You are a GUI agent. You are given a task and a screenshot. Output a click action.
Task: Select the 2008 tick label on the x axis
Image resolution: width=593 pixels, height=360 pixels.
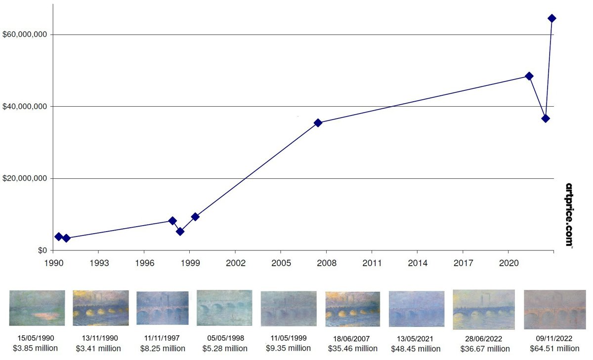point(327,263)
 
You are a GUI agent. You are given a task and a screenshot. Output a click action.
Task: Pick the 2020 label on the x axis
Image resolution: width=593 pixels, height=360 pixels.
point(509,263)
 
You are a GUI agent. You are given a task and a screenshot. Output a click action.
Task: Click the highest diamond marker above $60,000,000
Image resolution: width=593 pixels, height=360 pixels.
point(552,18)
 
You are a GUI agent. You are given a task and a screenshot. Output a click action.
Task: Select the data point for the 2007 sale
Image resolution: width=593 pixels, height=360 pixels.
point(318,122)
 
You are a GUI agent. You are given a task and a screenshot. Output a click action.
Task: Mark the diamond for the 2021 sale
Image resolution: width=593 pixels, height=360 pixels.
point(529,76)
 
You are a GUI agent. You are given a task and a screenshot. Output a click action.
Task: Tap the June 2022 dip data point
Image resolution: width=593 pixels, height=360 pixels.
point(546,119)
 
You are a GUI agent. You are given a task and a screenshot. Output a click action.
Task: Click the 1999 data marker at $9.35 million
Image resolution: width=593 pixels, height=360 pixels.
point(195,216)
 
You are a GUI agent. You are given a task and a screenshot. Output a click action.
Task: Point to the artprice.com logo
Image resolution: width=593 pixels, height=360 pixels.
point(569,215)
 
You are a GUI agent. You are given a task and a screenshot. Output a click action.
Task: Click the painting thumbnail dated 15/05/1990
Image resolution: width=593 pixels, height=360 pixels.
point(37,308)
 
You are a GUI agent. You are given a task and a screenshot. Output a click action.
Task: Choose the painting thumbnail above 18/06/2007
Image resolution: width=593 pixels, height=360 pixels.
point(352,309)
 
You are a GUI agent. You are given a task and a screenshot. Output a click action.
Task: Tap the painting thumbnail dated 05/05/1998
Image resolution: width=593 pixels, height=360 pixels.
point(224,308)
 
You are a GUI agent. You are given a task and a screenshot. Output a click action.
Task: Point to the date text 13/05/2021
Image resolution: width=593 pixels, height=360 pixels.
point(416,338)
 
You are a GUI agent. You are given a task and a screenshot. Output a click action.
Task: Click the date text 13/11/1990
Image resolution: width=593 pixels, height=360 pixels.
point(99,338)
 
